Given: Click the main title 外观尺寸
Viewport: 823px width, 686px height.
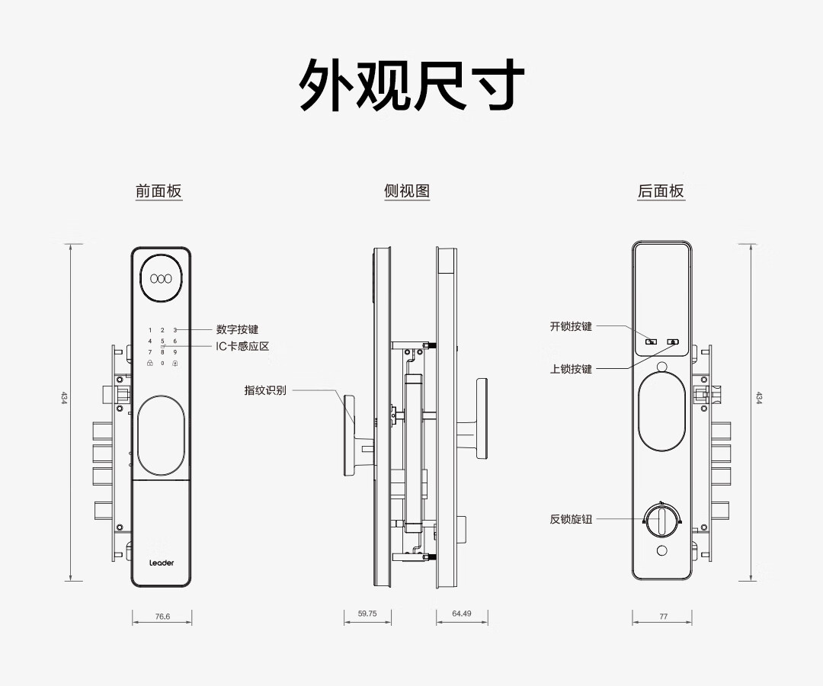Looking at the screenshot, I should [411, 85].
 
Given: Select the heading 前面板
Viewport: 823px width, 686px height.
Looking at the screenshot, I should [159, 191].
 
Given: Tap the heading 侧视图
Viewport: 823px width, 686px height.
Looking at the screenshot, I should [407, 191].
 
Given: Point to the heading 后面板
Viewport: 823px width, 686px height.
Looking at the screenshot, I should [661, 191].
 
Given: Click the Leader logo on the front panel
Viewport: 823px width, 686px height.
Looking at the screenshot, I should [162, 563].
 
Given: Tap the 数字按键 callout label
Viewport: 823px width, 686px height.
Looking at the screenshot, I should [237, 330].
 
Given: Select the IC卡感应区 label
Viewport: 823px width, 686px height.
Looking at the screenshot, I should [242, 346].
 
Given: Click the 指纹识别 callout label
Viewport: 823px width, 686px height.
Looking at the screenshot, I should [265, 390].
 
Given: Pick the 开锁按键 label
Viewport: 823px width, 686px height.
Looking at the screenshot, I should [571, 326].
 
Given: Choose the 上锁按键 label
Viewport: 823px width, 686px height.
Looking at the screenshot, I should [571, 369].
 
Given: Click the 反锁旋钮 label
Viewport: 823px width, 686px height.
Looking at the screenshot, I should [571, 519].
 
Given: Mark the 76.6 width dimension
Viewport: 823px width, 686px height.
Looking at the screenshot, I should [162, 616].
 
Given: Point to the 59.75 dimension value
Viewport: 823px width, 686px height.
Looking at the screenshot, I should [367, 614].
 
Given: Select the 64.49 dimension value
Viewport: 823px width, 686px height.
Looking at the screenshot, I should [462, 614].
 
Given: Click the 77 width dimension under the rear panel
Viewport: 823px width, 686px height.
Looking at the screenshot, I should [663, 616].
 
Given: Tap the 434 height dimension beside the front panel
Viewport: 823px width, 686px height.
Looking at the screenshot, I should [64, 398].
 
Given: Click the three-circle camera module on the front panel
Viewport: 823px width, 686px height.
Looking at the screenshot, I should [162, 278].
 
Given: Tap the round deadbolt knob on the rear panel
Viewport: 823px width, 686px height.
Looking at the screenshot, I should [661, 521].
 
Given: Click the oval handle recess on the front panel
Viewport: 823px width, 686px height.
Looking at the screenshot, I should [162, 435].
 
